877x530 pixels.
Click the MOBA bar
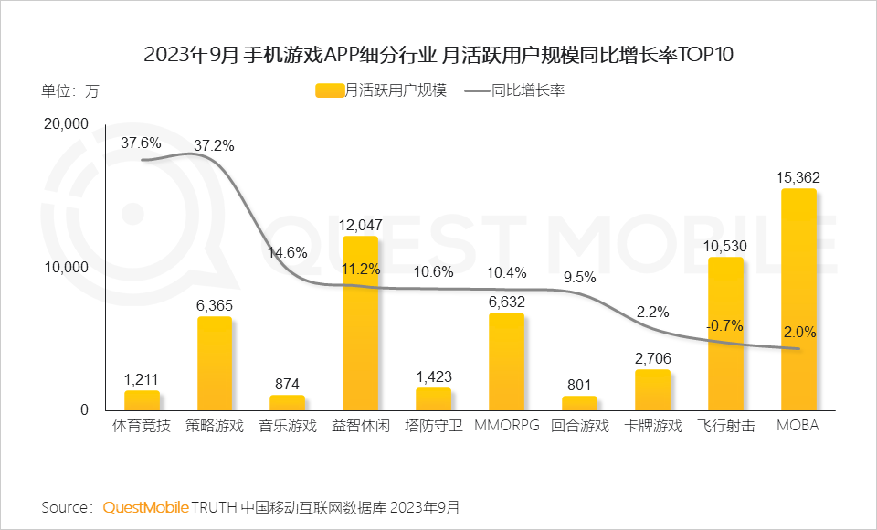(x=798, y=300)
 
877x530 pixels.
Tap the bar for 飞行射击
(x=725, y=334)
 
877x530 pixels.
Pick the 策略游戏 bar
(x=214, y=363)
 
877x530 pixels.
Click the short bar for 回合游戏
(x=579, y=402)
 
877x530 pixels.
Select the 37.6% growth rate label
(x=141, y=143)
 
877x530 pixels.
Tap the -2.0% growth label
(x=798, y=332)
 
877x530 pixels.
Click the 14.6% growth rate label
(x=287, y=252)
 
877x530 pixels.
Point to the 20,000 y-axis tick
(x=66, y=124)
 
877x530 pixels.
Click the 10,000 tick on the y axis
(x=66, y=267)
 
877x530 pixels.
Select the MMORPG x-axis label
(x=506, y=426)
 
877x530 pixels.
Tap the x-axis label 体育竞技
(x=141, y=426)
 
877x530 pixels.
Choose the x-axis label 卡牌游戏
(x=652, y=426)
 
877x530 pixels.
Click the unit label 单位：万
(x=69, y=90)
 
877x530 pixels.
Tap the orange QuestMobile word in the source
(x=145, y=506)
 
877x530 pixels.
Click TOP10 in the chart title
(x=703, y=54)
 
